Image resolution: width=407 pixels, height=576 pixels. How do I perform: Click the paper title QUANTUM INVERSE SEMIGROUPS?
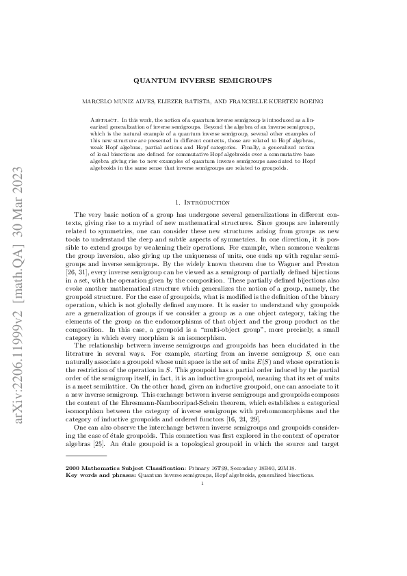[203, 79]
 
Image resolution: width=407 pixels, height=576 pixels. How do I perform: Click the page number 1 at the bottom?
[203, 482]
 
